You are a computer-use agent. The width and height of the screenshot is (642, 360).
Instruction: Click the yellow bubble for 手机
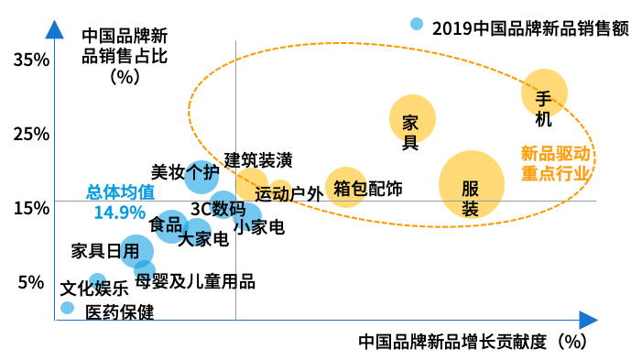544,93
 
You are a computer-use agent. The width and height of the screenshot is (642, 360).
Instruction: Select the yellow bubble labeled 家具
412,118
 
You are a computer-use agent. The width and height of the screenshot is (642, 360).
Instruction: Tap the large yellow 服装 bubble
472,184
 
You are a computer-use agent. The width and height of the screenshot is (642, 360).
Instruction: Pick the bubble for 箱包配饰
346,187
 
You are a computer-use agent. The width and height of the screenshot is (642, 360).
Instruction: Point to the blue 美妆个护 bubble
201,177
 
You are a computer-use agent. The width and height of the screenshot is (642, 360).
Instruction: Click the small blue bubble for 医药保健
67,308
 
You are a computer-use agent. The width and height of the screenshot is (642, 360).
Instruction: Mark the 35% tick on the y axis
31,60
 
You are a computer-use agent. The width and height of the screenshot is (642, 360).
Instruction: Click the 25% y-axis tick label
31,135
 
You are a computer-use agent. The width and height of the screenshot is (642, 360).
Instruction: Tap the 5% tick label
31,282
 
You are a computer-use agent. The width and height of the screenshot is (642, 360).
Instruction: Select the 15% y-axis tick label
31,209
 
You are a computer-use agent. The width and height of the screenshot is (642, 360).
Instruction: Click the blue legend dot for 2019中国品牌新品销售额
417,24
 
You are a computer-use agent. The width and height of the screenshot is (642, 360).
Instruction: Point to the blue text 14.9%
120,213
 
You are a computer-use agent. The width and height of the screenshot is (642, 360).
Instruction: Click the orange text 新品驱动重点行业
556,163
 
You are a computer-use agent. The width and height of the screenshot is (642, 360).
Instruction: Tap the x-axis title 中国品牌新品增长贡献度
452,342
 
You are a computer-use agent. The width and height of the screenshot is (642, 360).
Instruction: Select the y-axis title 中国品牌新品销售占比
125,47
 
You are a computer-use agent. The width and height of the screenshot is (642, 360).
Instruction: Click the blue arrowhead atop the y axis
54,30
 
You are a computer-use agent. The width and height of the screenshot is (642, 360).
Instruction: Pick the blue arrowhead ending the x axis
589,320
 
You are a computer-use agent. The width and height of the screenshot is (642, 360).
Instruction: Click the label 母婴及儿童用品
195,282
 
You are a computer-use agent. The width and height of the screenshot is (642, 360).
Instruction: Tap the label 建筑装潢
258,160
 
